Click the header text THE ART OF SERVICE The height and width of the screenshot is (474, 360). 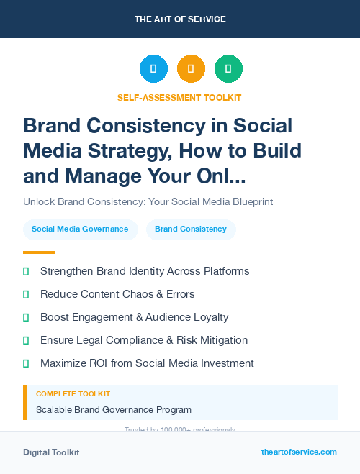[180, 19]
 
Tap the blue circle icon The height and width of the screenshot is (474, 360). [153, 69]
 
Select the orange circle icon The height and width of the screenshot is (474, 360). [191, 69]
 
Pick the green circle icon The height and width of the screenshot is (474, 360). [228, 69]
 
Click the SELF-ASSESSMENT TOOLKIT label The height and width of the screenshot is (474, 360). [179, 97]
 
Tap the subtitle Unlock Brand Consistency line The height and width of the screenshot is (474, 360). [148, 202]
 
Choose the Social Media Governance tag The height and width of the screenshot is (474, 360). [80, 229]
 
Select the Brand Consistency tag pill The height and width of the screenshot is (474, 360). [191, 229]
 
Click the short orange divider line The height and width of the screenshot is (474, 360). [39, 252]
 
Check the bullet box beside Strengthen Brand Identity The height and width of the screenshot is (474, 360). [26, 272]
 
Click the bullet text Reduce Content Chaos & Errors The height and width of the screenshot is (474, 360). [117, 294]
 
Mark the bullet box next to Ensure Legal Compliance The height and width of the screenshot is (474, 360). [26, 340]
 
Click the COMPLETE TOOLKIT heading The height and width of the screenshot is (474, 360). [73, 394]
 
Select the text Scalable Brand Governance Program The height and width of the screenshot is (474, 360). [114, 410]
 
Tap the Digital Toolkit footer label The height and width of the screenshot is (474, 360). [51, 452]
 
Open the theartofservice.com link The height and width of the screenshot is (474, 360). [299, 452]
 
